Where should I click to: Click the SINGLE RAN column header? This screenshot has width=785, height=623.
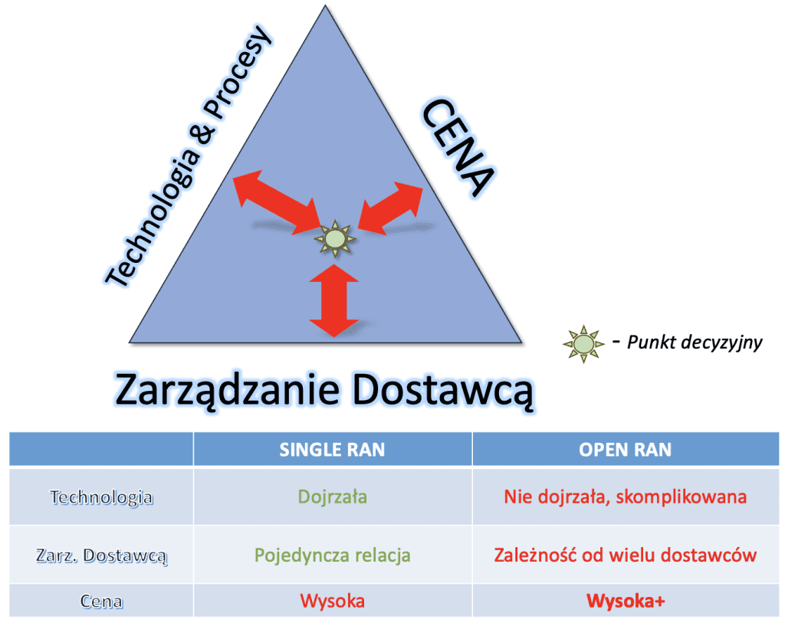pos(332,450)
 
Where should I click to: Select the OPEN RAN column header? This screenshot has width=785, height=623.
pos(625,450)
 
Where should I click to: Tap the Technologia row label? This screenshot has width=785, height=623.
pos(101,497)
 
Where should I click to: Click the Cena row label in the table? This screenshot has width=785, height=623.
pos(101,602)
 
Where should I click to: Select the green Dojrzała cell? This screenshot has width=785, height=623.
pos(332,497)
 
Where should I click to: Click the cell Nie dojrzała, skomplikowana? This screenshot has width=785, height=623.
pos(625,497)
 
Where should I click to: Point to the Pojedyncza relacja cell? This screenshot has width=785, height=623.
pos(332,555)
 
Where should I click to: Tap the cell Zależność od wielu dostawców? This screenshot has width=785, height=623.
pos(625,555)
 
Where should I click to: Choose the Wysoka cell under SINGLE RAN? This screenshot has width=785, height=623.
pos(332,601)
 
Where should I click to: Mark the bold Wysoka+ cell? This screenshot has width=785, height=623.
pos(625,601)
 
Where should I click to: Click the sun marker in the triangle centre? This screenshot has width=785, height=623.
pos(335,239)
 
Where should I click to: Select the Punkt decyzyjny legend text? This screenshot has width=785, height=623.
pos(694,343)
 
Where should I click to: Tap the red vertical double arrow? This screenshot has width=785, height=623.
pos(334,300)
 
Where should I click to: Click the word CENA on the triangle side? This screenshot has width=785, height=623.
pos(457,150)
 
